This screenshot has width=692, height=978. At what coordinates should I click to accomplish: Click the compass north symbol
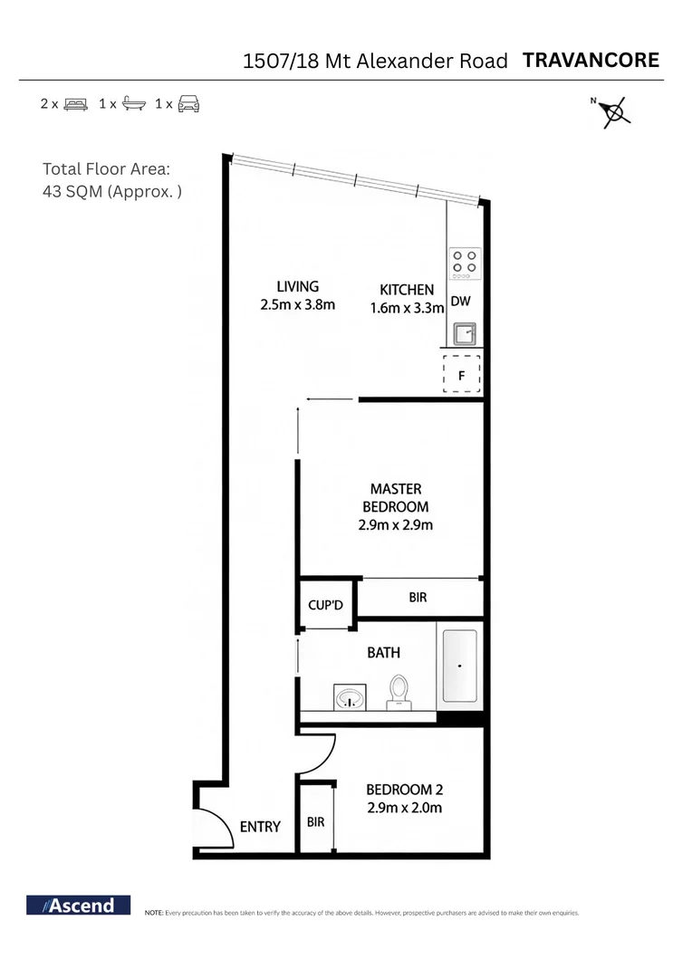tap(615, 110)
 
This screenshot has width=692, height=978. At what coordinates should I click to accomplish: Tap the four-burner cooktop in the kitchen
tap(466, 261)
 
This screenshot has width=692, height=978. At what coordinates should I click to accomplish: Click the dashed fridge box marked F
tap(461, 373)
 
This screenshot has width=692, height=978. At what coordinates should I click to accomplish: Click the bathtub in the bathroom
tap(460, 666)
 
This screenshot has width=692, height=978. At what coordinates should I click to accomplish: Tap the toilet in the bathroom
tap(398, 692)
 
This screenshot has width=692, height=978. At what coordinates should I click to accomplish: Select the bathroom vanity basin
tap(349, 697)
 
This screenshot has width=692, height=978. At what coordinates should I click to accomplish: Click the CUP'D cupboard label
tap(326, 604)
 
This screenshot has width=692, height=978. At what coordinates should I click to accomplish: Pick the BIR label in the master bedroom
tap(418, 598)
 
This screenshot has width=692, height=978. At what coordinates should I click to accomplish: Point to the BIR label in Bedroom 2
tap(316, 822)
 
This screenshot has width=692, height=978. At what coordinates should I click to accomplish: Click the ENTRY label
tap(260, 826)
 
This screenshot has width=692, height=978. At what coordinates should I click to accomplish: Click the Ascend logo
tap(79, 905)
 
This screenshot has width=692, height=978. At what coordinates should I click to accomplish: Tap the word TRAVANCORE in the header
tap(591, 61)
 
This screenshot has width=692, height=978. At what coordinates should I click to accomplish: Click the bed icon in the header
tap(76, 103)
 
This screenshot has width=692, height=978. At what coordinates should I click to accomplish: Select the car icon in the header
tap(188, 103)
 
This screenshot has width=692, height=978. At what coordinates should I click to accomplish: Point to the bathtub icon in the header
tap(133, 103)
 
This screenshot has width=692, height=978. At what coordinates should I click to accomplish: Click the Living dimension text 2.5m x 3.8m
tap(297, 305)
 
